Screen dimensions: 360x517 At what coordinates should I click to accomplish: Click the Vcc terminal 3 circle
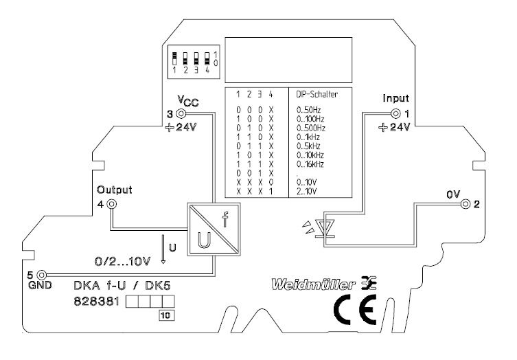(x=181, y=114)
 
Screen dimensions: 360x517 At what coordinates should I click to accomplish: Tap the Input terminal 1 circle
(x=395, y=114)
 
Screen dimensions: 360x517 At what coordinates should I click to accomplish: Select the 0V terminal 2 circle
(x=465, y=204)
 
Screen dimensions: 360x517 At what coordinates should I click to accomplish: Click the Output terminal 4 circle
(x=113, y=204)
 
